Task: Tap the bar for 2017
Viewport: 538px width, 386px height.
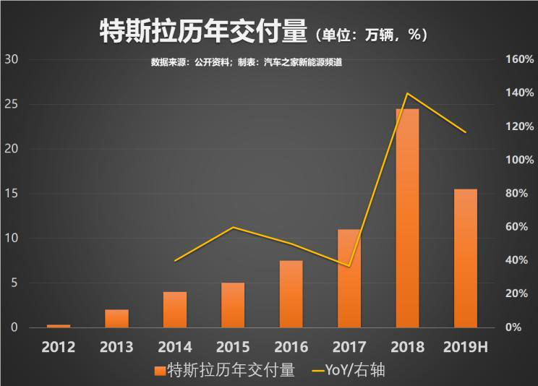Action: [x=349, y=278]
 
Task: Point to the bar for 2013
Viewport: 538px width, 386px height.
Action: [x=116, y=319]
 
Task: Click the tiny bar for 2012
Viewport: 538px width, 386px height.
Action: [x=59, y=326]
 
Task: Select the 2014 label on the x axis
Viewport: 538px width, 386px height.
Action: [x=174, y=347]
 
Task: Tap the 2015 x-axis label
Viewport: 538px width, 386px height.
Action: [x=233, y=347]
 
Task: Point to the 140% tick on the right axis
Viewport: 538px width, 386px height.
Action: [x=518, y=93]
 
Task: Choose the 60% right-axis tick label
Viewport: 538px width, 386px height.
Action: [x=518, y=227]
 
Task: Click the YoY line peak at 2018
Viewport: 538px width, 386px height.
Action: [x=407, y=93]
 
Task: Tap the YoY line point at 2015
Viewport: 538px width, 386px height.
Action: [x=233, y=227]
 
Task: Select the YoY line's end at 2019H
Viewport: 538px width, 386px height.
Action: [x=466, y=132]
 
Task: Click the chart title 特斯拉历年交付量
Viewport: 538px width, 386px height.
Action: [x=201, y=32]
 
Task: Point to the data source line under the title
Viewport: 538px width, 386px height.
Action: [x=246, y=63]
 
